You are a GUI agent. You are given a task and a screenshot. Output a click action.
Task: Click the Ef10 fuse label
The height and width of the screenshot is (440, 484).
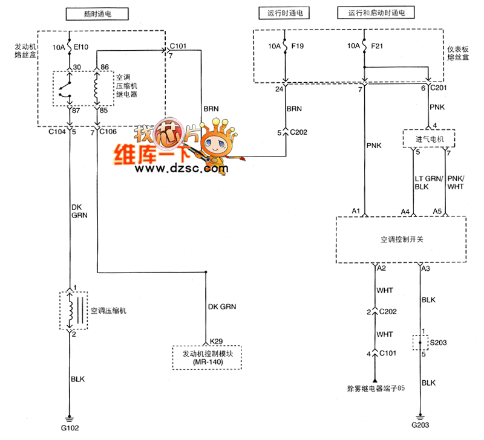(x=81, y=47)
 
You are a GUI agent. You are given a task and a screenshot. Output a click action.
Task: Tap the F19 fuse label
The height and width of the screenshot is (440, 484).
(x=298, y=47)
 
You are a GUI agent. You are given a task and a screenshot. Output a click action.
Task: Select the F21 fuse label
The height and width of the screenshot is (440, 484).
(x=377, y=47)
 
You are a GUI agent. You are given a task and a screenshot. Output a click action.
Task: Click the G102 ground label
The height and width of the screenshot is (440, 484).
(x=70, y=428)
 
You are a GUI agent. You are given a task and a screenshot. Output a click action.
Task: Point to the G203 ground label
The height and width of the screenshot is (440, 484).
(x=420, y=425)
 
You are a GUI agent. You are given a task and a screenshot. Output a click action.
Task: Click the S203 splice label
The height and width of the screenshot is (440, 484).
(x=438, y=343)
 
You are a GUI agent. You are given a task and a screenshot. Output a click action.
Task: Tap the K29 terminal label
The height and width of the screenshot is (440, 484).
(x=216, y=341)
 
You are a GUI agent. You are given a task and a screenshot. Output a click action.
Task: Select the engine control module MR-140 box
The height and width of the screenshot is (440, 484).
(x=207, y=358)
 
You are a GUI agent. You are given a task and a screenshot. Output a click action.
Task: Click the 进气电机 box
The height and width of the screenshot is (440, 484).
(x=429, y=138)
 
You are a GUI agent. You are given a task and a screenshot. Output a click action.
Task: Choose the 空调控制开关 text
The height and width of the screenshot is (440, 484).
(x=402, y=239)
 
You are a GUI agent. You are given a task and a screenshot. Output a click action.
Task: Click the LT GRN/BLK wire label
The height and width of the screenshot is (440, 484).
(x=429, y=183)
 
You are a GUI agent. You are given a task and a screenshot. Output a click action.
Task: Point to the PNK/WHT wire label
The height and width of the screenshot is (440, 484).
(x=456, y=183)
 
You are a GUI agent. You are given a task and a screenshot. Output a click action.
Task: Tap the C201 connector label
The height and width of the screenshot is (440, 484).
(x=438, y=88)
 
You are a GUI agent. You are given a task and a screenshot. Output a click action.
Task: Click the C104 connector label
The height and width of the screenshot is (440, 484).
(x=57, y=132)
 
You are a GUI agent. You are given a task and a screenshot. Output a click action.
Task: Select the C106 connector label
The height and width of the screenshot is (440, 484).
(x=108, y=132)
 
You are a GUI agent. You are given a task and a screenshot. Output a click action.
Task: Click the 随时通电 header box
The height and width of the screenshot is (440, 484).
(x=97, y=14)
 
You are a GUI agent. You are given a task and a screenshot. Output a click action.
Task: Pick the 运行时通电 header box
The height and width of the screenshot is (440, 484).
(x=284, y=13)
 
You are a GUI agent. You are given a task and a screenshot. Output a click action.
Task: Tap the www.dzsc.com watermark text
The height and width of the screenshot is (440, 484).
(x=181, y=169)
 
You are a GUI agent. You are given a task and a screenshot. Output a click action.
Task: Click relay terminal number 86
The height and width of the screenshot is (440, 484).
(x=105, y=67)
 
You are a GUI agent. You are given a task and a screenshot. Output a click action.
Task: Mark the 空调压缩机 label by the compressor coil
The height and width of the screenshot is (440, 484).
(x=108, y=311)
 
